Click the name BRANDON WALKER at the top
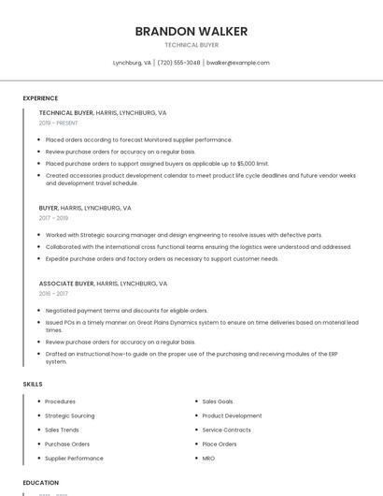pyautogui.click(x=191, y=31)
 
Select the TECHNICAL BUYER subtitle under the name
pyautogui.click(x=191, y=44)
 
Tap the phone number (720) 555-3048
pyautogui.click(x=178, y=63)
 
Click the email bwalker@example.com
pyautogui.click(x=237, y=63)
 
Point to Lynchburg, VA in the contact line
pyautogui.click(x=132, y=63)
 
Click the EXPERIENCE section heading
pyautogui.click(x=40, y=98)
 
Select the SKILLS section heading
pyautogui.click(x=32, y=385)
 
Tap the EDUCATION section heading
pyautogui.click(x=40, y=483)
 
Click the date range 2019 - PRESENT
pyautogui.click(x=59, y=123)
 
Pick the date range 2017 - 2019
pyautogui.click(x=53, y=218)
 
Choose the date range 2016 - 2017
pyautogui.click(x=53, y=293)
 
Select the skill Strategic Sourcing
pyautogui.click(x=70, y=416)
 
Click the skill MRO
pyautogui.click(x=208, y=459)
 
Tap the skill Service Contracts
pyautogui.click(x=226, y=430)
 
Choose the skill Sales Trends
pyautogui.click(x=63, y=430)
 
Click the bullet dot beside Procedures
pyautogui.click(x=38, y=401)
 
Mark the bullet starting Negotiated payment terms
pyautogui.click(x=126, y=311)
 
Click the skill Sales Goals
pyautogui.click(x=218, y=401)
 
